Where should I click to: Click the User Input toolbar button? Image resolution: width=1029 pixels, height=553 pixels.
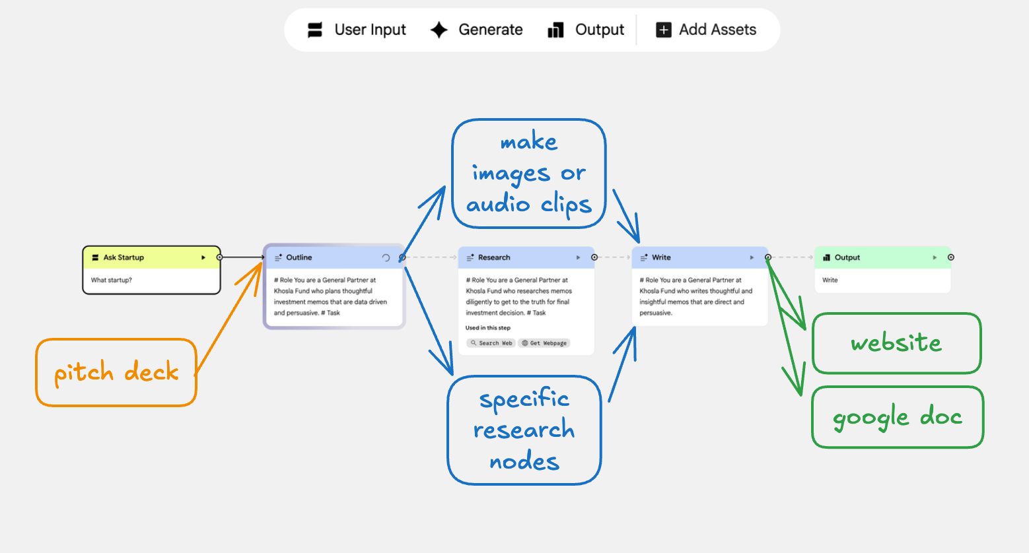pos(357,30)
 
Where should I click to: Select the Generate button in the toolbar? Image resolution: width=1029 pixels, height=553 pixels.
pos(476,30)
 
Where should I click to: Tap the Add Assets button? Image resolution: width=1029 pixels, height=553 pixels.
pos(705,30)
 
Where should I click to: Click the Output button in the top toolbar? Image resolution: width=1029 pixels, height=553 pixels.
pos(586,30)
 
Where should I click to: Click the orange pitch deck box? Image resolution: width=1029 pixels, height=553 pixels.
pos(116,372)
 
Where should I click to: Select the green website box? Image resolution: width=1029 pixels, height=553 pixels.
pos(896,342)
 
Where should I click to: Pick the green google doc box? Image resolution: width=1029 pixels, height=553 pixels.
pos(897,417)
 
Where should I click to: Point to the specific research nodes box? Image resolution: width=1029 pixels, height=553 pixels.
pos(524,430)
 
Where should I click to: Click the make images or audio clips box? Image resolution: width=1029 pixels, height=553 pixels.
pos(529,174)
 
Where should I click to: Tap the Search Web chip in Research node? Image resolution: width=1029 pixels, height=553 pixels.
pos(491,342)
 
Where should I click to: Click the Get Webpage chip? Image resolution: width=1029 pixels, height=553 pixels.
pos(544,342)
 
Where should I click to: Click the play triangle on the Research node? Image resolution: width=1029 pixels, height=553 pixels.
pos(578,257)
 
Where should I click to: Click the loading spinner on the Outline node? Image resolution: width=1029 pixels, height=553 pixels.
pos(386,257)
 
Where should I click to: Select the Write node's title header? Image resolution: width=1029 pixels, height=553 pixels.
pos(699,257)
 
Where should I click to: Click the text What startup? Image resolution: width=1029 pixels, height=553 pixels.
pos(111,280)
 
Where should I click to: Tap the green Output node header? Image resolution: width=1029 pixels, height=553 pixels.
pos(882,257)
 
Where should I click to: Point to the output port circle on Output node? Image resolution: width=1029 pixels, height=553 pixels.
pos(951,257)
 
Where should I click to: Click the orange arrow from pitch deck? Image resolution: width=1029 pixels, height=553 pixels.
pos(229,319)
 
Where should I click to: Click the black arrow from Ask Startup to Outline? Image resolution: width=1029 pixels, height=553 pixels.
pos(242,257)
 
